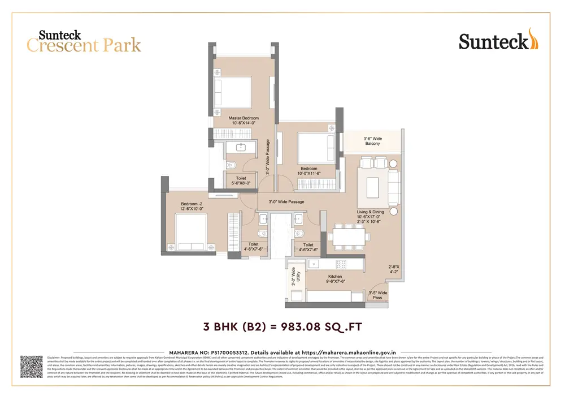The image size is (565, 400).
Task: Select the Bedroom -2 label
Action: point(192,207)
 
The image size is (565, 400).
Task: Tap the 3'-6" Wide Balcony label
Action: point(372,141)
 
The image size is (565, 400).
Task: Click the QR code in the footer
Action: point(32,367)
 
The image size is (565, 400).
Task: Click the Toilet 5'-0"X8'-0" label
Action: point(241,180)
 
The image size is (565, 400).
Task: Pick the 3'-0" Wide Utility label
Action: point(293,278)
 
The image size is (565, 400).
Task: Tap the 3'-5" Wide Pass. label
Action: point(377,295)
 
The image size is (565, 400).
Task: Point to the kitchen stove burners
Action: point(342,264)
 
